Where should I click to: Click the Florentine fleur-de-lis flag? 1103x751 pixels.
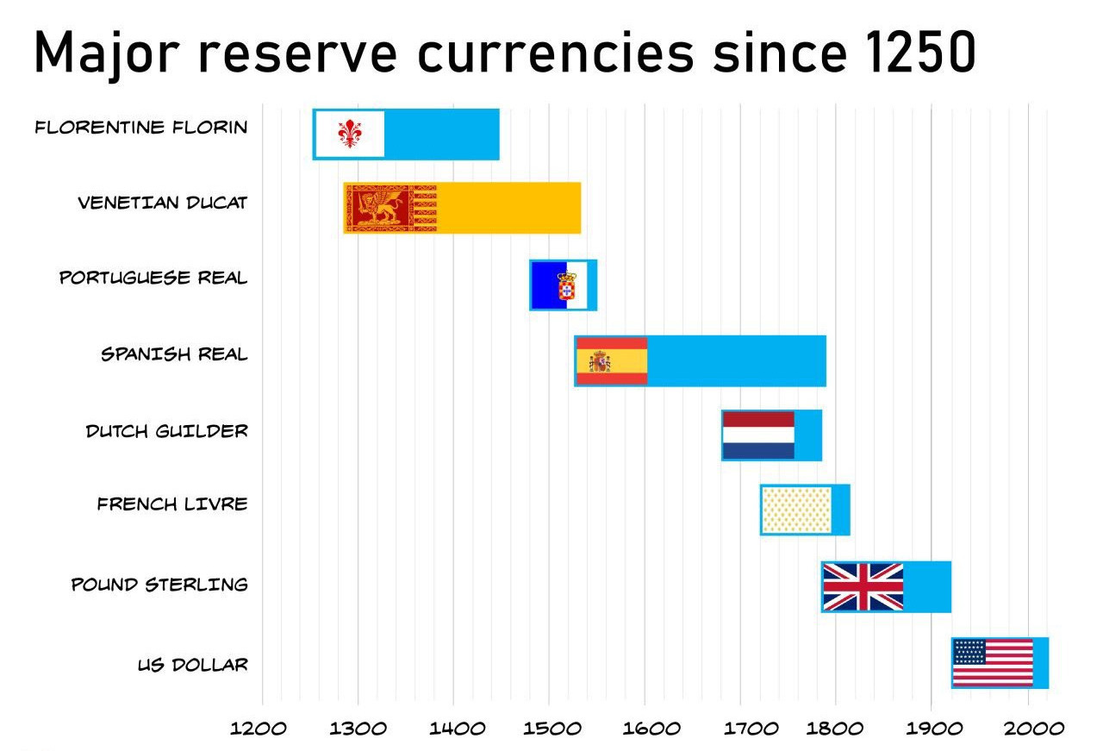point(349,134)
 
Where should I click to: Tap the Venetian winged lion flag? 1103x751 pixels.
point(391,209)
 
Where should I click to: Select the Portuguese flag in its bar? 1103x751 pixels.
point(558,285)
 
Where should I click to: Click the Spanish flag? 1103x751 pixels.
point(611,360)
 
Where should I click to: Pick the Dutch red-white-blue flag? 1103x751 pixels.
point(758,435)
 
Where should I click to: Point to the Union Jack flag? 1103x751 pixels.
point(863,586)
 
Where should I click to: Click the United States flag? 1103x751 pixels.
point(993,662)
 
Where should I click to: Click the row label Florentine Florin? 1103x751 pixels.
point(141,128)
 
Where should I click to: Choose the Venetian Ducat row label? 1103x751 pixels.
point(162,203)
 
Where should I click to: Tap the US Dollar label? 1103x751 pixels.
point(192,665)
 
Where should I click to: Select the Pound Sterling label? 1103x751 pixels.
point(159,585)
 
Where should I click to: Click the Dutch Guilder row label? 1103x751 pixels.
point(166,430)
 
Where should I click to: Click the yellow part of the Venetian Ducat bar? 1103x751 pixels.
point(508,209)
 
